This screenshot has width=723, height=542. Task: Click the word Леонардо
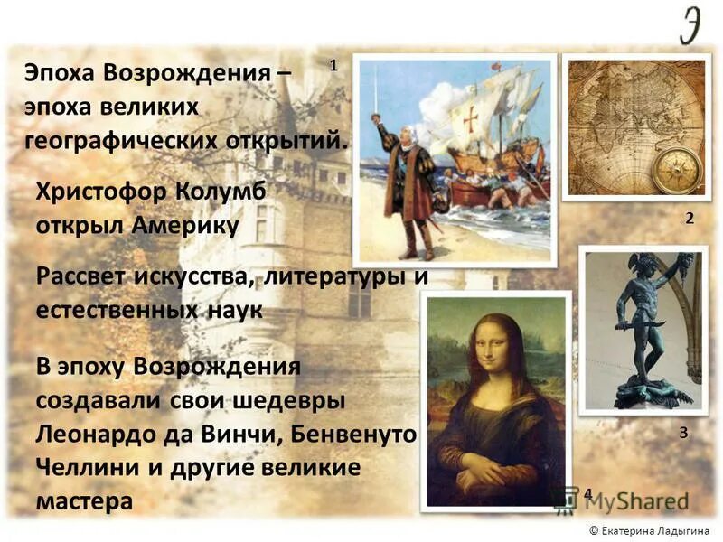click(x=99, y=435)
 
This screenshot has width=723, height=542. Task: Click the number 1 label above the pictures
click(x=333, y=65)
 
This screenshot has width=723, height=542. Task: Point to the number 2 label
click(x=689, y=218)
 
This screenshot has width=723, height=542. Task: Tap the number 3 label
click(x=683, y=433)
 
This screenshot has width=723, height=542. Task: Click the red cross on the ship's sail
click(x=470, y=121)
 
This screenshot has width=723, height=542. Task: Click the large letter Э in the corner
click(x=693, y=25)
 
